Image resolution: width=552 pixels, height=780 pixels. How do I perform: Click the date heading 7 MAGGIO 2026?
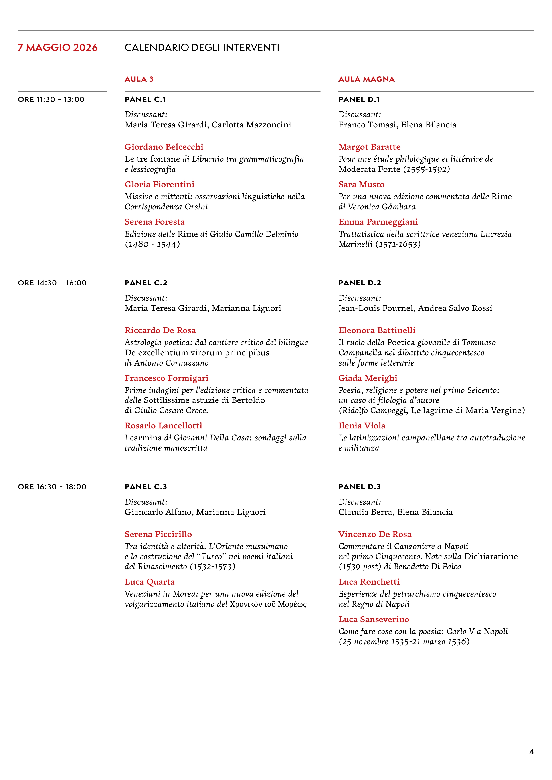pyautogui.click(x=58, y=48)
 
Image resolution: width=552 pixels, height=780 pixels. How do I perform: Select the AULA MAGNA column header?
pyautogui.click(x=366, y=79)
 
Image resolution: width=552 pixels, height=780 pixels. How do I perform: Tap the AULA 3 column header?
pyautogui.click(x=139, y=79)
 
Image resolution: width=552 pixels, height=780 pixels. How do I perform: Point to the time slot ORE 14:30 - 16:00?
pyautogui.click(x=52, y=283)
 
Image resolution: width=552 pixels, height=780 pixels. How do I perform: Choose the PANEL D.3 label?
pyautogui.click(x=359, y=486)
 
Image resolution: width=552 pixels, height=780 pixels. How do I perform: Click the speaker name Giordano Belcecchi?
pyautogui.click(x=164, y=147)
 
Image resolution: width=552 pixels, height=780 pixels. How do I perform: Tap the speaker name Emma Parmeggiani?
pyautogui.click(x=378, y=222)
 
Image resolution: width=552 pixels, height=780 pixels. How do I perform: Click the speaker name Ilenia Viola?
pyautogui.click(x=362, y=426)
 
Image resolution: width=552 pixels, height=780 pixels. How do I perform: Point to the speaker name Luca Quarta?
pyautogui.click(x=150, y=582)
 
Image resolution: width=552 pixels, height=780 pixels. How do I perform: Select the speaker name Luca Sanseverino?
pyautogui.click(x=374, y=619)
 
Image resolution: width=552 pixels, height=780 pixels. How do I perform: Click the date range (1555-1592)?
pyautogui.click(x=427, y=169)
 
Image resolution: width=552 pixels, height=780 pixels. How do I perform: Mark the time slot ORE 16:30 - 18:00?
pyautogui.click(x=52, y=486)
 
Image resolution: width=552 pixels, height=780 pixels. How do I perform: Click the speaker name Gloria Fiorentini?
pyautogui.click(x=159, y=185)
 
